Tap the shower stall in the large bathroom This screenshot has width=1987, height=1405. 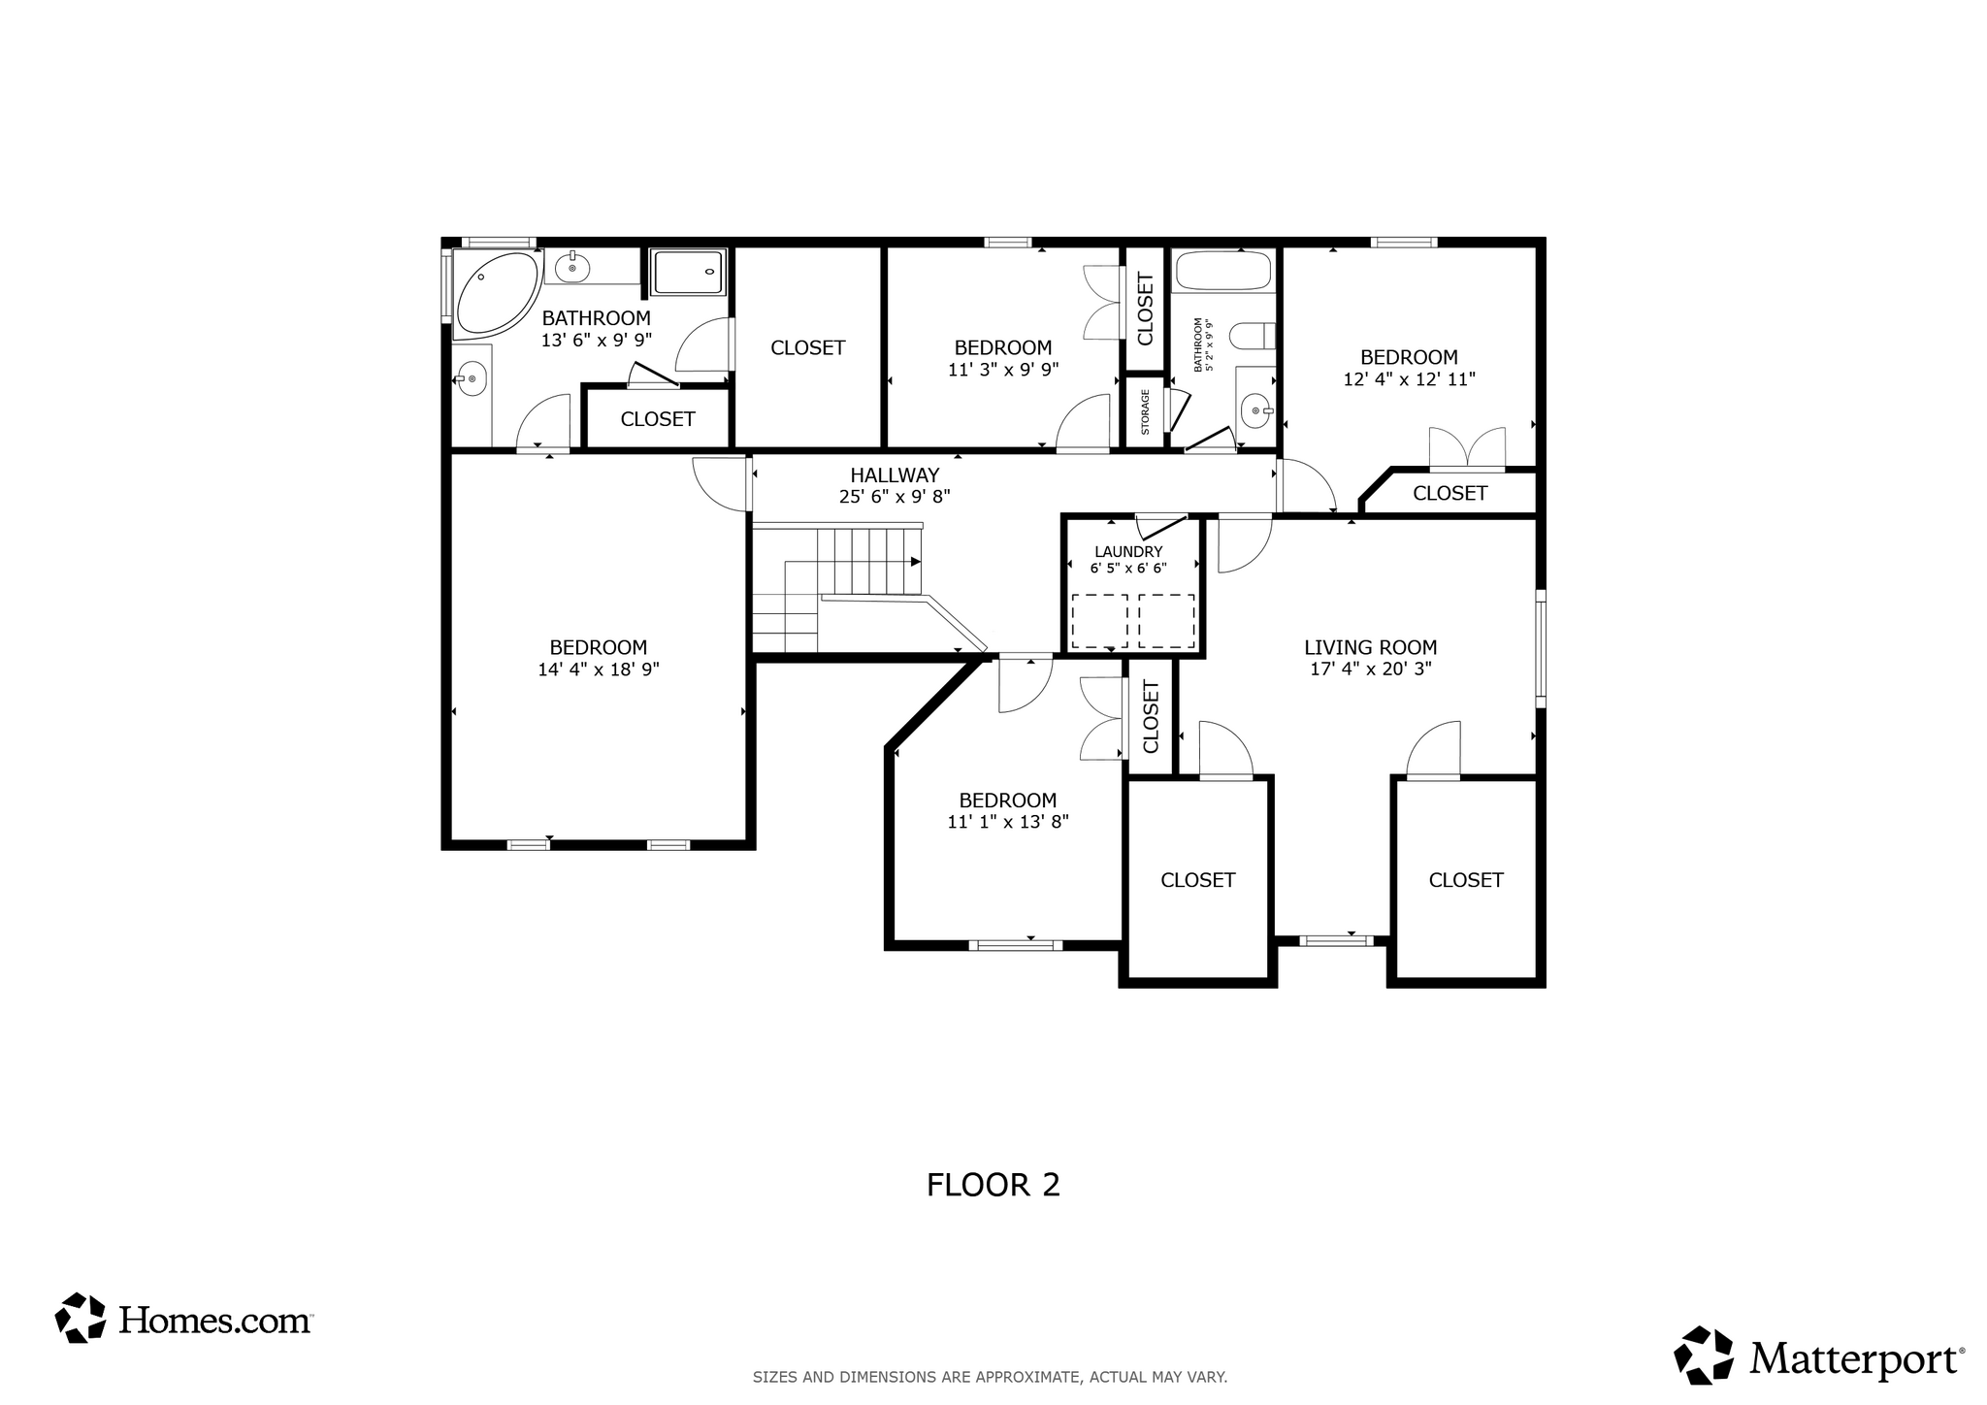coord(688,273)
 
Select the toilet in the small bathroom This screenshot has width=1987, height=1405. coord(1253,337)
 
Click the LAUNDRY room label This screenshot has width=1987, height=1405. coord(1128,551)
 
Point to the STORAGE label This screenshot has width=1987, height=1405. coord(1145,412)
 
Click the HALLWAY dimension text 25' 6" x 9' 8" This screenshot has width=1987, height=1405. coord(895,497)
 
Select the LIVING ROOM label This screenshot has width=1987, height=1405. coord(1370,647)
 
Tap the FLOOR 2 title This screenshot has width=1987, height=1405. coord(993,1185)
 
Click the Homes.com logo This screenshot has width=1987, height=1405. coord(183,1319)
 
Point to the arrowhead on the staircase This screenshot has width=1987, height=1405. coord(915,562)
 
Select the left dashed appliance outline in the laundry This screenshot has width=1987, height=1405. coord(1099,621)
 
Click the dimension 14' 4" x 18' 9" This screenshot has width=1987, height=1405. coord(598,670)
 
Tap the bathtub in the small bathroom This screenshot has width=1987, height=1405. coord(1222,271)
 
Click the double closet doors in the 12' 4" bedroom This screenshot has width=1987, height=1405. coord(1467,449)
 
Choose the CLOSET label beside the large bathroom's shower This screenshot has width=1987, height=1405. coord(807,347)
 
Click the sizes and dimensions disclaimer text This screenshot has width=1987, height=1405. coord(990,1377)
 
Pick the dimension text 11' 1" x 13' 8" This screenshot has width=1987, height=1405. coord(1008,822)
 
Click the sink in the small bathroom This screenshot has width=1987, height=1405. coord(1256,411)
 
